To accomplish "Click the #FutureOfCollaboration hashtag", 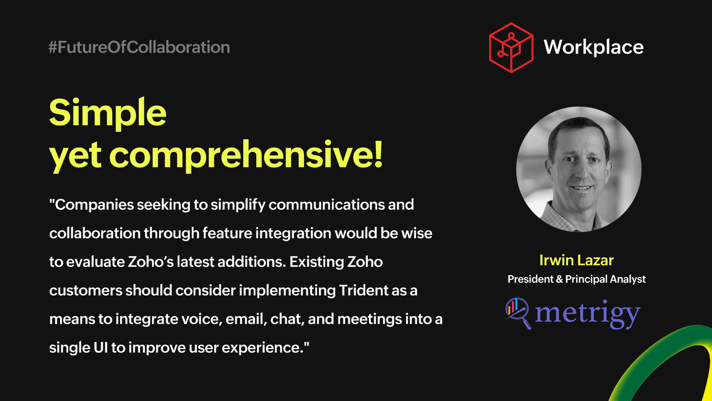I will click(139, 48).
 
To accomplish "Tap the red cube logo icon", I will click(511, 48).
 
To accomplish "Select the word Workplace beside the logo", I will click(593, 48).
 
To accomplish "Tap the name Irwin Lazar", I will click(576, 260).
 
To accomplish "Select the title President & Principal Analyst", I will click(576, 279).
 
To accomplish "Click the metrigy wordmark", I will click(587, 314).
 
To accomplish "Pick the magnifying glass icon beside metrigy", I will click(518, 313).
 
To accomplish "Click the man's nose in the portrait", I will click(580, 174).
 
